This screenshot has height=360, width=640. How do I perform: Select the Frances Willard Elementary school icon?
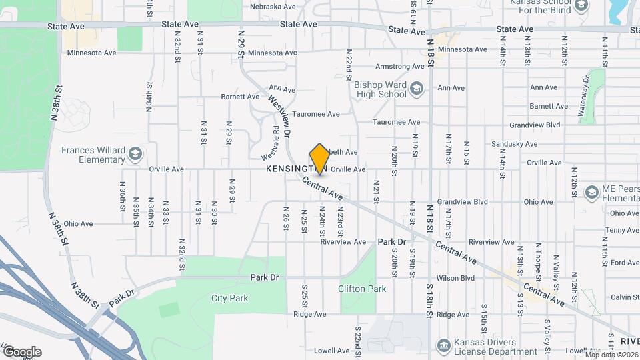135,155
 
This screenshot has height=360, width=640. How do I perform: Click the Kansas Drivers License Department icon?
443,345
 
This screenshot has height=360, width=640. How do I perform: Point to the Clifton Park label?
362,289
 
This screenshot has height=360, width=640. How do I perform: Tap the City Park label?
229,298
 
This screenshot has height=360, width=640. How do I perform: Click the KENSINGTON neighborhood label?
288,169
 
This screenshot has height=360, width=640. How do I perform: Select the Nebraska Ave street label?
272,7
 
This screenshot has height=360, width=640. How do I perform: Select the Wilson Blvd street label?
455,278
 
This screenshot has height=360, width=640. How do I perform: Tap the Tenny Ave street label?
623,230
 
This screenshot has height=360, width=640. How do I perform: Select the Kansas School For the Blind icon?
581,6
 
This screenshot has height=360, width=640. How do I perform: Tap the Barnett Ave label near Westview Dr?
240,96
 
